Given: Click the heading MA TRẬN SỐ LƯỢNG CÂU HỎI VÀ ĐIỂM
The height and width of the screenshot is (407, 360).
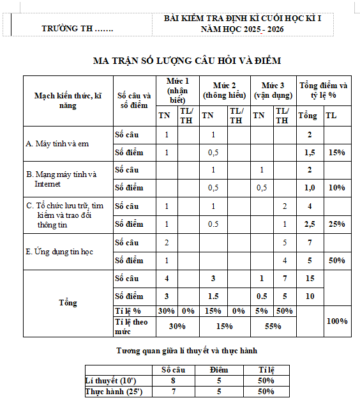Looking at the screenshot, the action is point(187,61).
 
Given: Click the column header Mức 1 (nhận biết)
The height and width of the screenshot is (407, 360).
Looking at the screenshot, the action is point(178,91).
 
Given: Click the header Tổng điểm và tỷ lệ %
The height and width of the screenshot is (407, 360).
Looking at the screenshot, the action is point(324,90).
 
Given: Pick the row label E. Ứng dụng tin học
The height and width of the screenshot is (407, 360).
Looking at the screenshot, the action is point(59,251).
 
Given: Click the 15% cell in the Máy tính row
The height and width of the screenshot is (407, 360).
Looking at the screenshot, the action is point(337,153).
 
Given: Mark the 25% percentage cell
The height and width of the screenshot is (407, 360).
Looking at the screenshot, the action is point(337,224).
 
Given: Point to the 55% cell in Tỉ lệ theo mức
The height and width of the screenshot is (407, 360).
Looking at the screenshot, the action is point(273,326).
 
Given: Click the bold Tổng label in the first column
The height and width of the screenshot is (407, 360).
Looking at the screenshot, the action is point(68,302).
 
